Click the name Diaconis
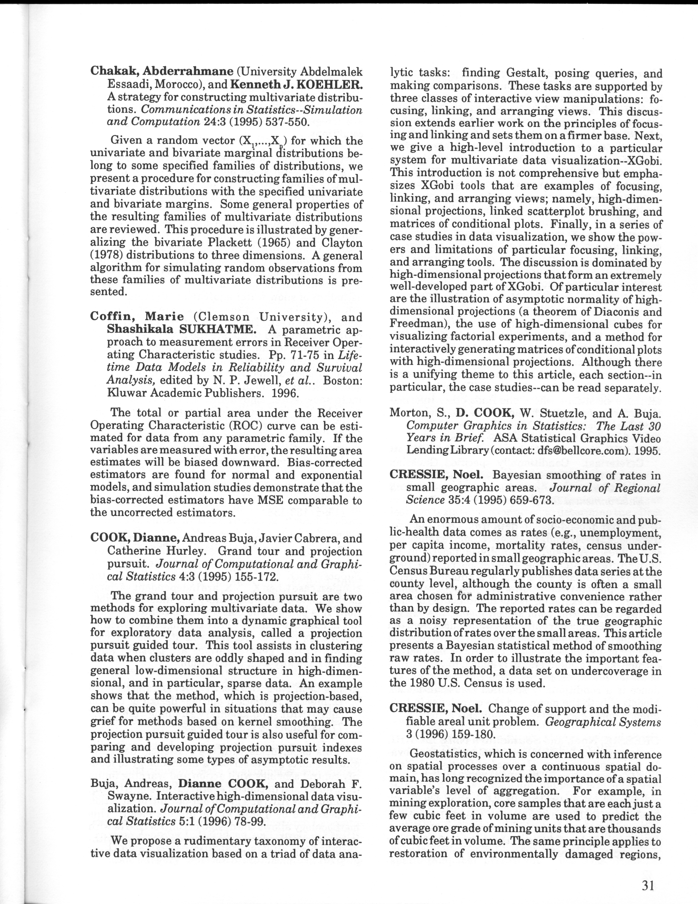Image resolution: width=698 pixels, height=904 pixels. [x=612, y=312]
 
